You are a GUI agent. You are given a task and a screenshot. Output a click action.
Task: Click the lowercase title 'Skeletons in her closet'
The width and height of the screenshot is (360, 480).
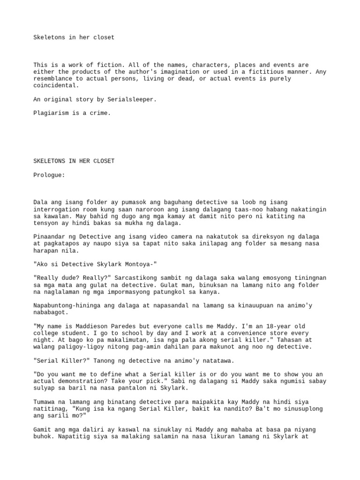click(x=74, y=37)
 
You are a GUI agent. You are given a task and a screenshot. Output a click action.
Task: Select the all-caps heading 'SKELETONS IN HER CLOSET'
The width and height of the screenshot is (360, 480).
click(x=74, y=161)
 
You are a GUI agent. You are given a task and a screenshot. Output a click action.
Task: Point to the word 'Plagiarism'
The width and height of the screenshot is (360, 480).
click(x=52, y=113)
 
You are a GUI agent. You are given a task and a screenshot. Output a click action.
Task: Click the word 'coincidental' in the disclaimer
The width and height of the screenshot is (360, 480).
click(x=55, y=85)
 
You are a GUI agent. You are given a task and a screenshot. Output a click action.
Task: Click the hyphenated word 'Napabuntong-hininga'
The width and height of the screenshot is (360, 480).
click(x=67, y=305)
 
